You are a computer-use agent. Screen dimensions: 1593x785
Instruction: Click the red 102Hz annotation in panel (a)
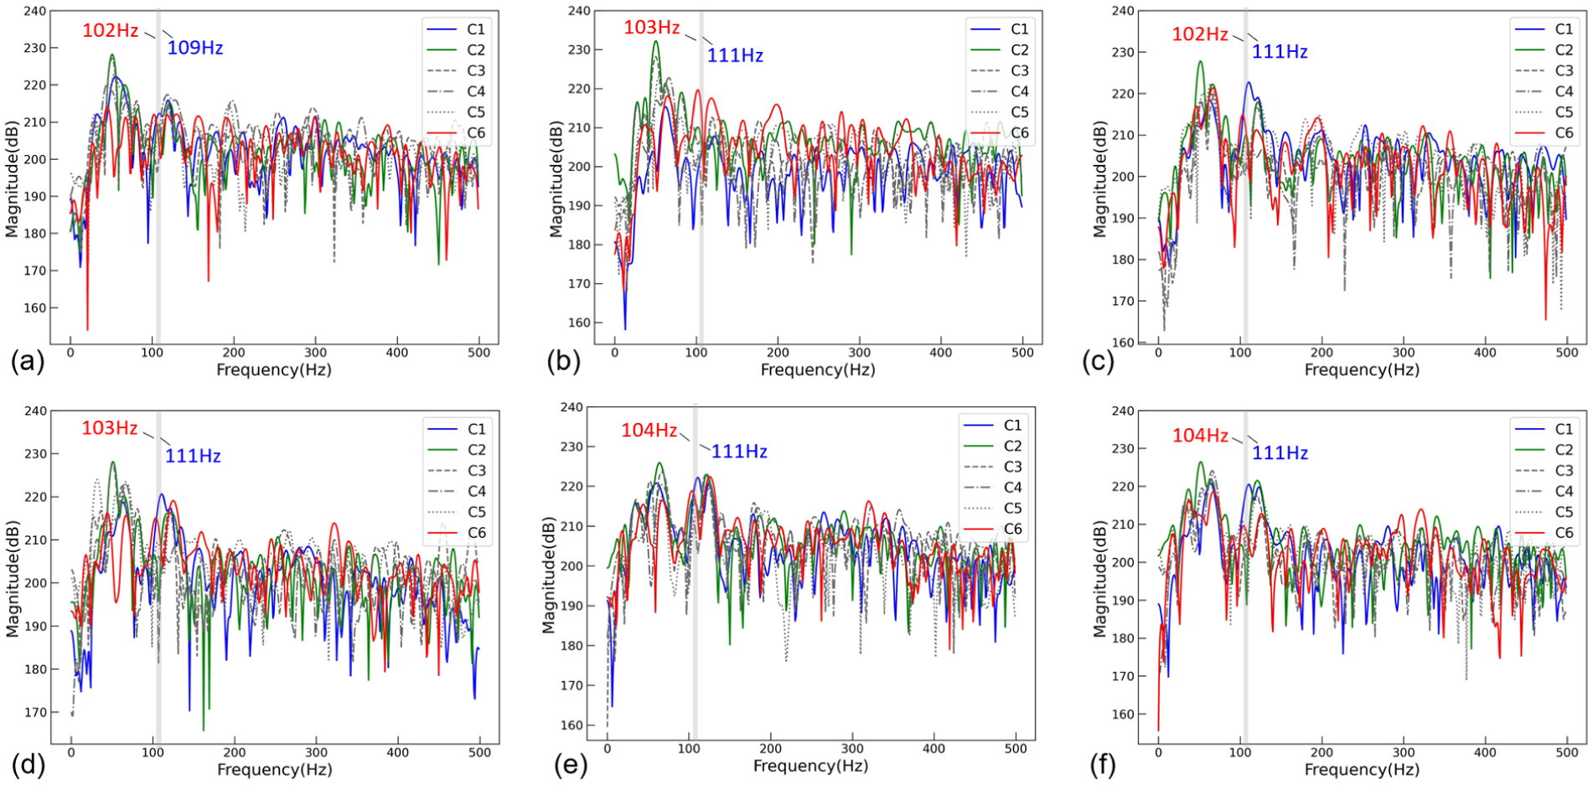pos(111,31)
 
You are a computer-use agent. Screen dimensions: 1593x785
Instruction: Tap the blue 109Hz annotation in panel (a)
pos(195,48)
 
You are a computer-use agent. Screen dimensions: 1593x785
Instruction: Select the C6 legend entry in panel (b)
pos(1000,133)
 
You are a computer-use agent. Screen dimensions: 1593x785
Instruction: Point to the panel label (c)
pos(1098,361)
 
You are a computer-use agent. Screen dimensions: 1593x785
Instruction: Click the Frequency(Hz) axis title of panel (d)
pos(275,769)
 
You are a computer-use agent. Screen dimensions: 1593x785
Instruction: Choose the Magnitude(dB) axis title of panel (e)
pos(549,575)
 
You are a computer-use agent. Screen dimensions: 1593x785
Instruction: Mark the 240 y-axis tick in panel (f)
pos(1123,411)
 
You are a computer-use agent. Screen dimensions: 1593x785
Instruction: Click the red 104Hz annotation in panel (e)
pos(649,431)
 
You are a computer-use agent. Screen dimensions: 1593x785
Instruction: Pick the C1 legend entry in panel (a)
pos(456,29)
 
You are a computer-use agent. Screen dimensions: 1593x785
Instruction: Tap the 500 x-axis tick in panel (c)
pos(1567,353)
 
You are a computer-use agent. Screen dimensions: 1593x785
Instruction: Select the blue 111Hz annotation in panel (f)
pos(1280,453)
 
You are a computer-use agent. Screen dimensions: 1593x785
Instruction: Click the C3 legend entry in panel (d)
pos(457,471)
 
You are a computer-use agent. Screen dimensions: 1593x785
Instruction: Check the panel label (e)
pos(570,766)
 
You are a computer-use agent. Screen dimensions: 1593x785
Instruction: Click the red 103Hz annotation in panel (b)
pos(652,28)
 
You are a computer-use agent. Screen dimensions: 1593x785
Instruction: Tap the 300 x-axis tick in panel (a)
pos(316,353)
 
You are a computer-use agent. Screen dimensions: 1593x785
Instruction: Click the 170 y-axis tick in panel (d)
pos(36,713)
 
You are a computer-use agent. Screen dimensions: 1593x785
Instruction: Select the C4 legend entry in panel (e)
pos(993,488)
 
